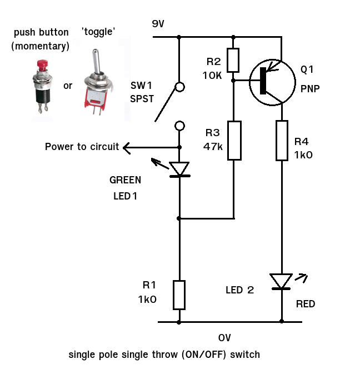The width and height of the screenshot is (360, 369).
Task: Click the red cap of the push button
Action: click(43, 65)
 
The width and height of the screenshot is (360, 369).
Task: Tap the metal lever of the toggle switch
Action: click(96, 61)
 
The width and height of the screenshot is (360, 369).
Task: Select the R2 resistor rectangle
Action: click(233, 60)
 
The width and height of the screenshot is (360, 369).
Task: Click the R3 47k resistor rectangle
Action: click(234, 141)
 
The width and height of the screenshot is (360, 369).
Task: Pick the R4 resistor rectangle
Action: click(282, 141)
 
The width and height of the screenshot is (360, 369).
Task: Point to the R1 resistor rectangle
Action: click(179, 295)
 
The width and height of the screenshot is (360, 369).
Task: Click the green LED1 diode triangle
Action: click(179, 168)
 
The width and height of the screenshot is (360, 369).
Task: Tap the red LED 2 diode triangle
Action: click(281, 281)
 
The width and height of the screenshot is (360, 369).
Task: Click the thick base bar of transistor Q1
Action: click(263, 81)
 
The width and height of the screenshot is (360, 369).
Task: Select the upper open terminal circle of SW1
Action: click(180, 87)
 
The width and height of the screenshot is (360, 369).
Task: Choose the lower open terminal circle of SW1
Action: click(180, 126)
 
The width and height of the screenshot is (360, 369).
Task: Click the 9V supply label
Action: click(158, 24)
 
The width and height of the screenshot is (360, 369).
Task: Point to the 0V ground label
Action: click(224, 338)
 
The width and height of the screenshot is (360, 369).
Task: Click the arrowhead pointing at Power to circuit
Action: click(126, 148)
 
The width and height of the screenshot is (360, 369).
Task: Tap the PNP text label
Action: click(310, 89)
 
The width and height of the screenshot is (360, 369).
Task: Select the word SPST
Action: click(142, 99)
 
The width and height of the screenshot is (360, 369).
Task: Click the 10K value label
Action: click(212, 76)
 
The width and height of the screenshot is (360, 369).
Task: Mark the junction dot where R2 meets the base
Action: click(233, 81)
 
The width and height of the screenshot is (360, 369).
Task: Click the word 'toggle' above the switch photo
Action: click(98, 32)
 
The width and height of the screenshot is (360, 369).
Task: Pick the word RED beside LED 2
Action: click(306, 304)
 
